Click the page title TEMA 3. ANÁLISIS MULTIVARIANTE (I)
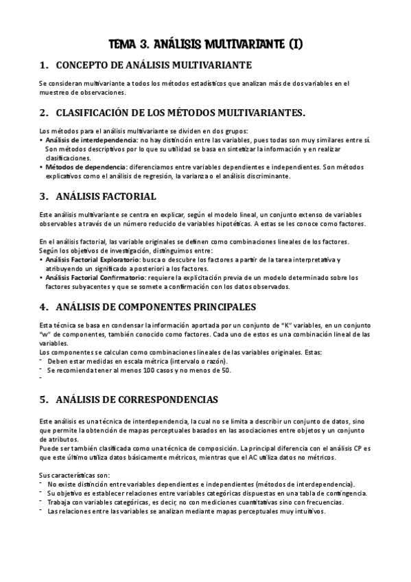(205, 45)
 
